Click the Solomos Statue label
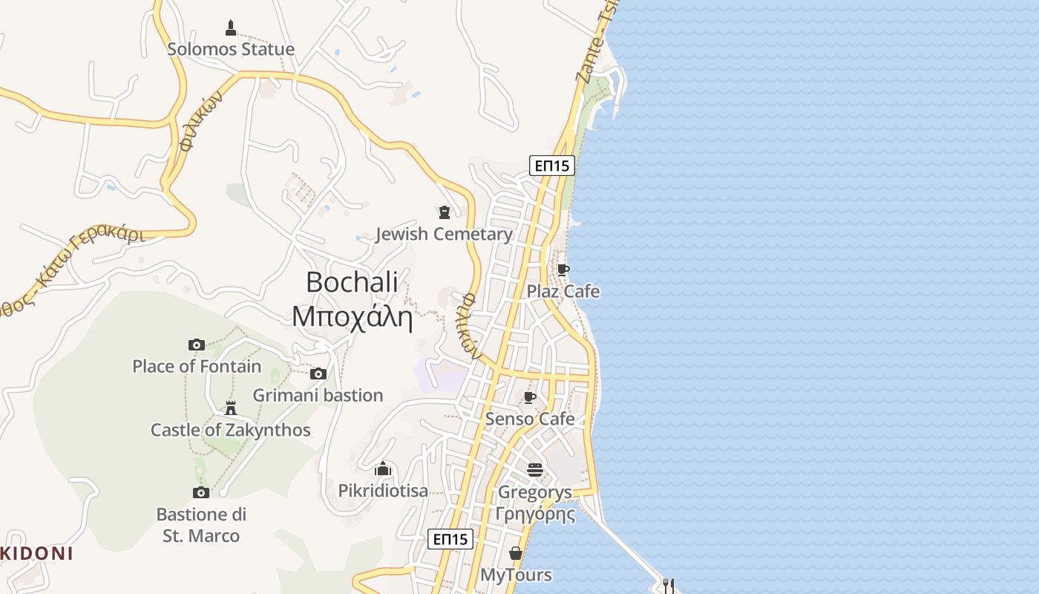pyautogui.click(x=231, y=49)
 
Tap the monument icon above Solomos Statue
pyautogui.click(x=231, y=28)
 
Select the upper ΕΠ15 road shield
pyautogui.click(x=552, y=165)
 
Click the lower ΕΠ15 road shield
pyautogui.click(x=450, y=539)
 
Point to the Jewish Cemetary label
pyautogui.click(x=444, y=235)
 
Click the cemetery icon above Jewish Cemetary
pyautogui.click(x=445, y=213)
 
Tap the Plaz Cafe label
pyautogui.click(x=563, y=291)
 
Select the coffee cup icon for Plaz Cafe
pyautogui.click(x=563, y=270)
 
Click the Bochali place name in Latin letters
pyautogui.click(x=352, y=282)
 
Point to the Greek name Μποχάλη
pyautogui.click(x=352, y=316)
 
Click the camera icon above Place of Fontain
pyautogui.click(x=197, y=345)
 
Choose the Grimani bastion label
pyautogui.click(x=318, y=395)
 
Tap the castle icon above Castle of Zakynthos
pyautogui.click(x=231, y=408)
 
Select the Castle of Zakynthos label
pyautogui.click(x=231, y=430)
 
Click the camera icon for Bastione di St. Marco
pyautogui.click(x=201, y=492)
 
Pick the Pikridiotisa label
pyautogui.click(x=383, y=491)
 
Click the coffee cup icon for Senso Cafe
pyautogui.click(x=530, y=397)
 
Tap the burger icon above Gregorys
pyautogui.click(x=535, y=470)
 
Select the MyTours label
pyautogui.click(x=516, y=575)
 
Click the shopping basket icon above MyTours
pyautogui.click(x=516, y=554)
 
